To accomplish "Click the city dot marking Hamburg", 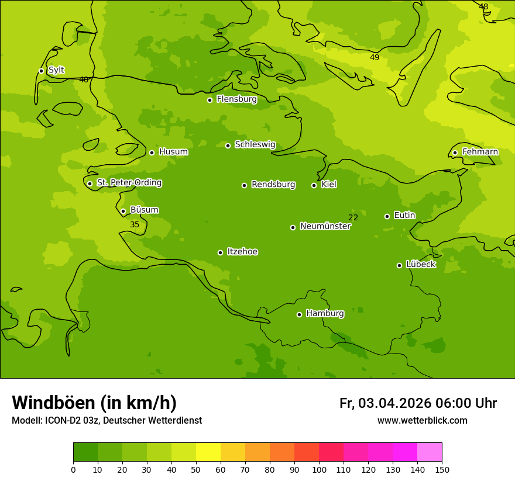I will [x=299, y=314].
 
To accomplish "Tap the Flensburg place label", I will [x=236, y=99].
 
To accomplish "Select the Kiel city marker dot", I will [x=314, y=185].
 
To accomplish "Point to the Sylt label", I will [x=56, y=70].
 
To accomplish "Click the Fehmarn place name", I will [x=480, y=152].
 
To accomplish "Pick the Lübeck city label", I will [x=421, y=265].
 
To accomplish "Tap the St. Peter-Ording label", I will [x=129, y=183].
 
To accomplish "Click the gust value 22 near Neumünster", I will [x=353, y=218].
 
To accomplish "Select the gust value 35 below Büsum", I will [x=135, y=225].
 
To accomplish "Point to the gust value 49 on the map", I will [x=375, y=57].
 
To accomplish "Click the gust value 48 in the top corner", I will [x=483, y=7].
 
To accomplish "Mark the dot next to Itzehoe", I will [x=220, y=252].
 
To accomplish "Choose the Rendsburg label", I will [x=273, y=185].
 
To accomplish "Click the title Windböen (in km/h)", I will [x=94, y=403].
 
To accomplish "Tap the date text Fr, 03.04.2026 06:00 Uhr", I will [x=418, y=403].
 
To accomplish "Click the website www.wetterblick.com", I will [x=422, y=421].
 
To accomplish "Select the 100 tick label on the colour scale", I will [x=319, y=470].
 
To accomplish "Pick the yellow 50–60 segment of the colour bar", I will [x=208, y=452].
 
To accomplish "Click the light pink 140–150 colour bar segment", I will [x=430, y=452].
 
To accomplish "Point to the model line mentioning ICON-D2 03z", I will [x=107, y=421].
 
